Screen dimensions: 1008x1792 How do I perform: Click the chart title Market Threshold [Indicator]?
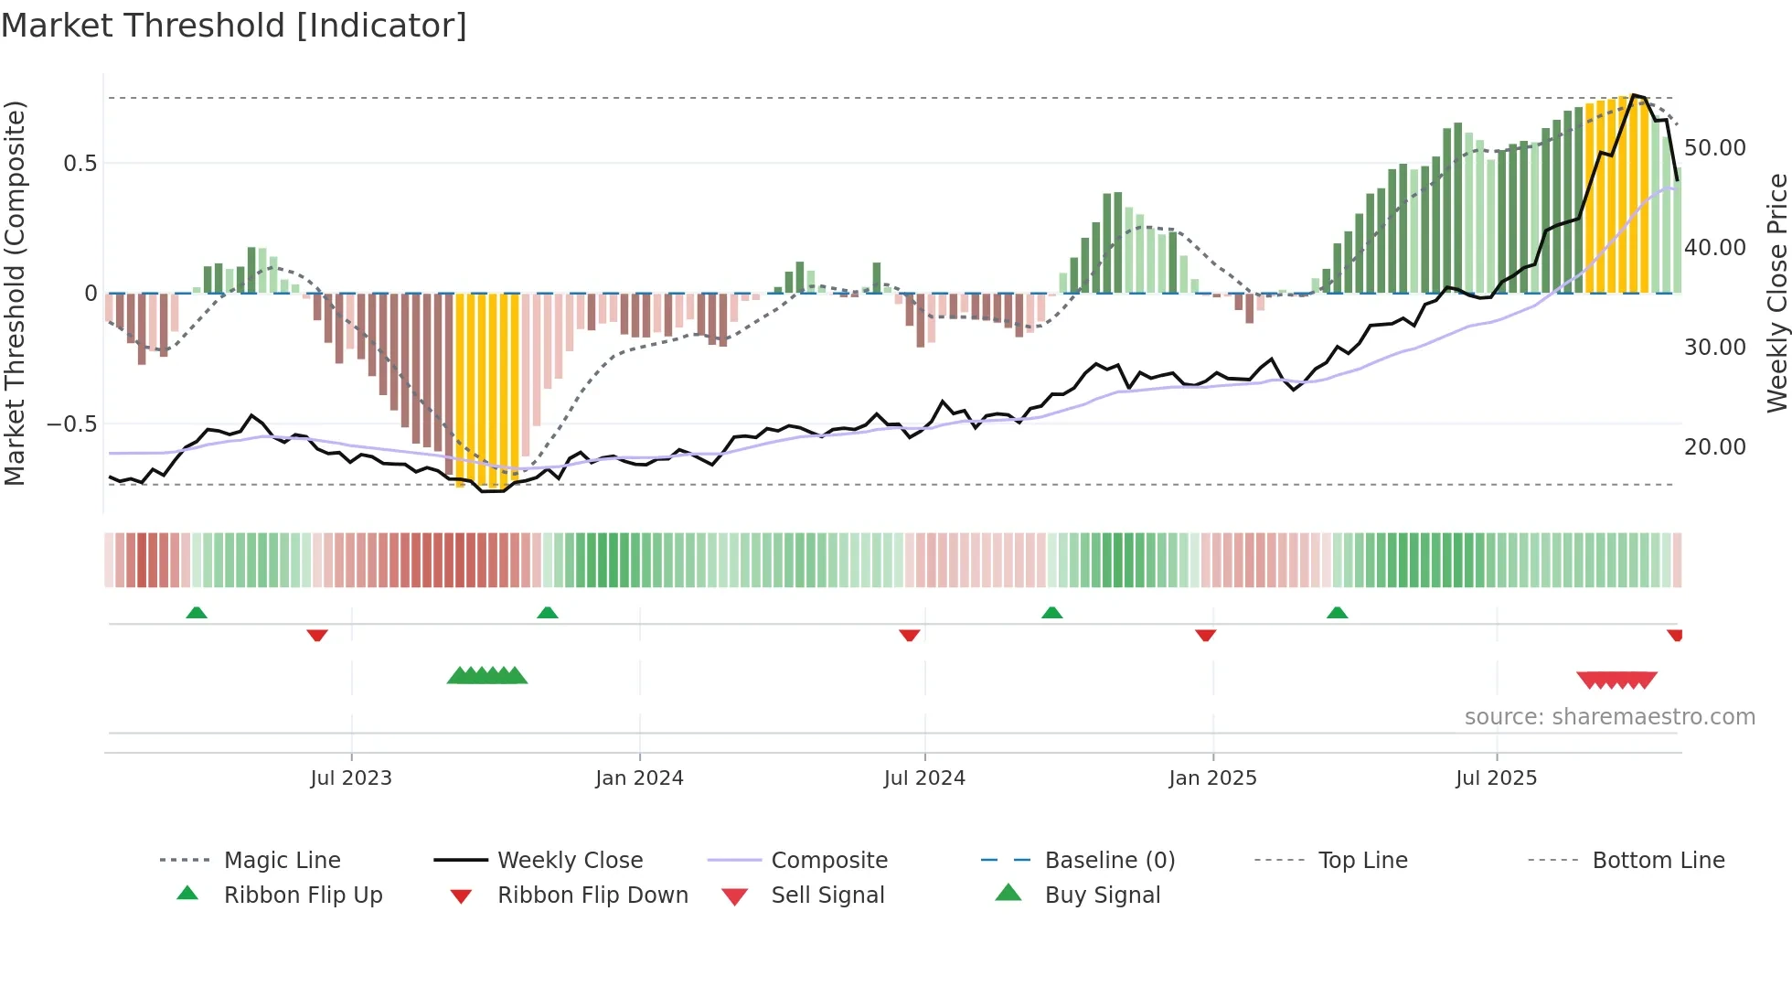point(234,26)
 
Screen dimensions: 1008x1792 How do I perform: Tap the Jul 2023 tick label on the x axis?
point(351,778)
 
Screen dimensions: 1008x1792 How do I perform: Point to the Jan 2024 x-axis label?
point(639,778)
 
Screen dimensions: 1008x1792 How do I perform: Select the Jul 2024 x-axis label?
point(924,778)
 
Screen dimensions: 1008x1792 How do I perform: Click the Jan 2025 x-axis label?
point(1212,778)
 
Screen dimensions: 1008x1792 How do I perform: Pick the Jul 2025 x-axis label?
point(1496,778)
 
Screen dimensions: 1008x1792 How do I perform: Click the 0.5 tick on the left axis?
point(80,164)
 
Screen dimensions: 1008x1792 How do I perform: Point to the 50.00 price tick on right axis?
point(1714,148)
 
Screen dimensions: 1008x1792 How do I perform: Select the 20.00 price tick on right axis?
point(1714,447)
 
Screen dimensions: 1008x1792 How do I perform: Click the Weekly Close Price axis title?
point(1776,293)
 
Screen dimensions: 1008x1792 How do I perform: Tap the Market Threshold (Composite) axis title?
point(15,293)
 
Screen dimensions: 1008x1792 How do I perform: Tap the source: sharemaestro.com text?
point(1609,717)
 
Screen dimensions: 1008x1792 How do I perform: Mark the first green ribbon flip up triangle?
point(197,613)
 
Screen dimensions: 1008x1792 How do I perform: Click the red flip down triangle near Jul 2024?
point(909,635)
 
